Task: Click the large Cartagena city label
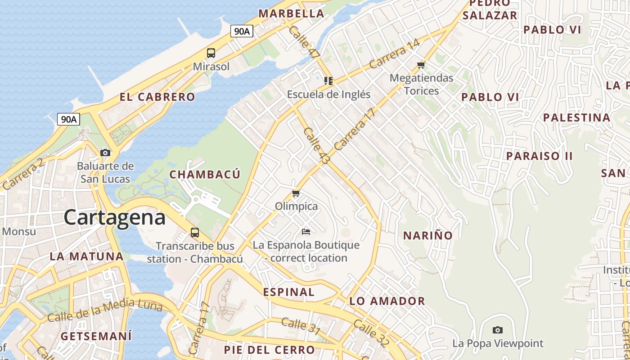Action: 114,218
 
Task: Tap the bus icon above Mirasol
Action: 211,53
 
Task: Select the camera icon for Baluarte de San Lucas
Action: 105,153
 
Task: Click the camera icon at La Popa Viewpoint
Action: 497,330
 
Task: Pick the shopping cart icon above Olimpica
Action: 296,193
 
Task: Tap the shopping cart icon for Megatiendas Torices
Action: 421,65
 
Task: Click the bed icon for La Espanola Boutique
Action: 306,232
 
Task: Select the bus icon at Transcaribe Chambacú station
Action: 195,233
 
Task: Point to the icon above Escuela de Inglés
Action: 328,81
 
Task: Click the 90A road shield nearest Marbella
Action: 242,31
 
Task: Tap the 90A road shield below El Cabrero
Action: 69,119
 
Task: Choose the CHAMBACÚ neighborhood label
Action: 205,175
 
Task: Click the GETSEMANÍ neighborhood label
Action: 96,336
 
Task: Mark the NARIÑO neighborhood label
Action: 427,235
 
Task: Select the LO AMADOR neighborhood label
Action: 387,301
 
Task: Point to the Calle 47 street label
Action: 304,42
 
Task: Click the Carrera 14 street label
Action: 394,54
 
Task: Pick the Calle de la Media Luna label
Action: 104,311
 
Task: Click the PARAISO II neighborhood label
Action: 539,156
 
